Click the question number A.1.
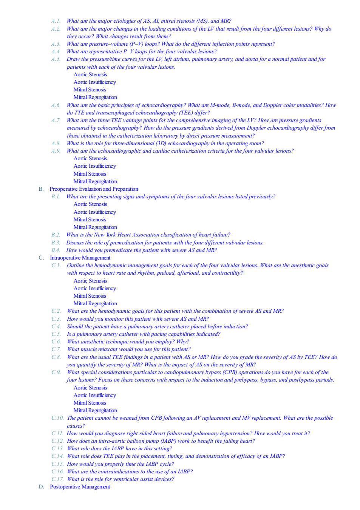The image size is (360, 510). (56, 21)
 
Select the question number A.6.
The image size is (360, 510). (56, 105)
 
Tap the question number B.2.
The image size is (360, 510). (56, 235)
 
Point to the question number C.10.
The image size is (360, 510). (57, 418)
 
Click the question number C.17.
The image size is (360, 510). (57, 479)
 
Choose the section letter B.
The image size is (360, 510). (41, 189)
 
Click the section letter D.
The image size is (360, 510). (41, 487)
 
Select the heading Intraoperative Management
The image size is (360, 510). (80, 258)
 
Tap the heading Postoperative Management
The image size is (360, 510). (80, 487)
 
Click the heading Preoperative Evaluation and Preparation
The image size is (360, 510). (94, 189)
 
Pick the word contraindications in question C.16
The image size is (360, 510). (118, 471)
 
